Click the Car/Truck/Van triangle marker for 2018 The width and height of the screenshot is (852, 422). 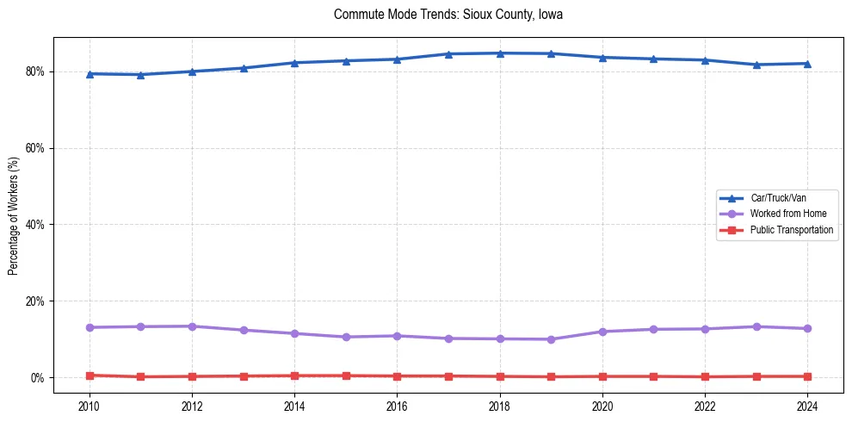point(500,53)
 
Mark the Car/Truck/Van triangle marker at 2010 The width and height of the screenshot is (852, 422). point(90,74)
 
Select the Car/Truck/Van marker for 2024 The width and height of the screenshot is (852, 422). point(807,64)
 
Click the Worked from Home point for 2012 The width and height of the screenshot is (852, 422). point(192,326)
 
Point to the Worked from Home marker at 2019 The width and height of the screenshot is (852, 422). point(551,339)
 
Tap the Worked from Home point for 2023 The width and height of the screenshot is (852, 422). point(756,326)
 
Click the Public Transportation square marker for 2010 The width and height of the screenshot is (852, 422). point(90,375)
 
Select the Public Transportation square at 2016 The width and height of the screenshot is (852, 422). point(397,376)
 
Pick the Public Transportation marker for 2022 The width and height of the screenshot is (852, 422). point(705,377)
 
